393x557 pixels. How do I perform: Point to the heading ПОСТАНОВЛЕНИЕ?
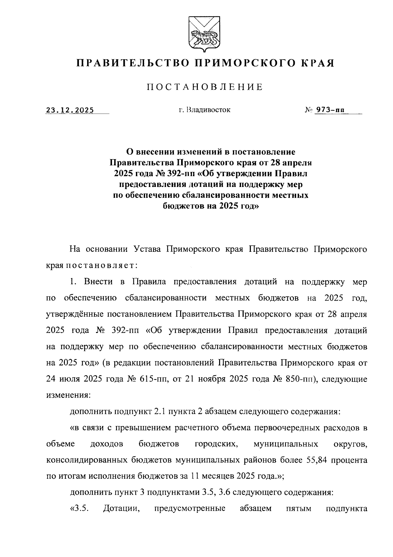point(204,87)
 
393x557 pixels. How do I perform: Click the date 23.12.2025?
point(70,110)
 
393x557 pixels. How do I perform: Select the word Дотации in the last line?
point(122,509)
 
